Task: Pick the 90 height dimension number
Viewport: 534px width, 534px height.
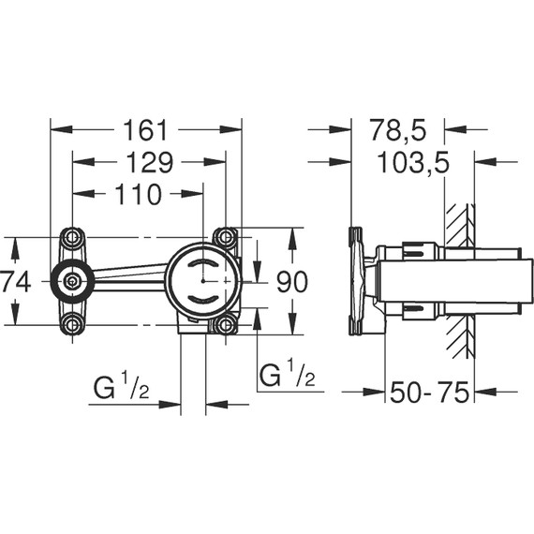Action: [x=290, y=280]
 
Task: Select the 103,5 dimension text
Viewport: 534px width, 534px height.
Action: [x=412, y=162]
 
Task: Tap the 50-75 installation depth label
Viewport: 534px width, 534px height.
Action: [x=430, y=393]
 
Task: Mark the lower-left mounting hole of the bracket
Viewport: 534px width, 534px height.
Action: [x=71, y=324]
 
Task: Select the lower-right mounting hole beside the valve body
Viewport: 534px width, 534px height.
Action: [x=224, y=324]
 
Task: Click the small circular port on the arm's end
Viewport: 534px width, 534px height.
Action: [x=71, y=279]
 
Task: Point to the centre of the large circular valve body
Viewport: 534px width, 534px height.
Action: [x=201, y=279]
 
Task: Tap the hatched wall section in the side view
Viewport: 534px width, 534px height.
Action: [x=461, y=281]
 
